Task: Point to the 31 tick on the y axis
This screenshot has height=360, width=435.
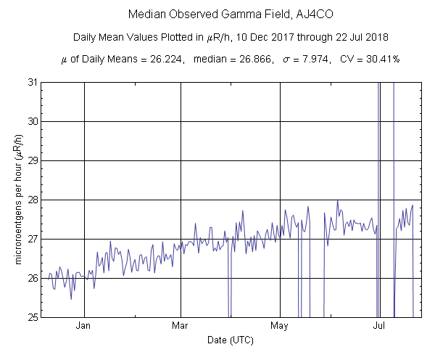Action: pos(32,82)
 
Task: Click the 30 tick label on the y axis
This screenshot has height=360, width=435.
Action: pos(32,121)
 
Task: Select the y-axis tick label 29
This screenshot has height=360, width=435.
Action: pos(32,160)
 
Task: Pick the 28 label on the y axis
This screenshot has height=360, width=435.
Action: pos(32,200)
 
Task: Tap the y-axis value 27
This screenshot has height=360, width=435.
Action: pos(32,239)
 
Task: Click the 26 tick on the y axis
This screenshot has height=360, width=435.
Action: pos(32,278)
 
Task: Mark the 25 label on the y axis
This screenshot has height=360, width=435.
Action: pos(32,317)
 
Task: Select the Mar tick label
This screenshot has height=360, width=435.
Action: pos(180,327)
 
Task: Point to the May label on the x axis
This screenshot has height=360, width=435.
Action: pos(279,327)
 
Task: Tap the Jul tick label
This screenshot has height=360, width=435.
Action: pos(378,327)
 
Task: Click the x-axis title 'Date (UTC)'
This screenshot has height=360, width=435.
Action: pos(231,340)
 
